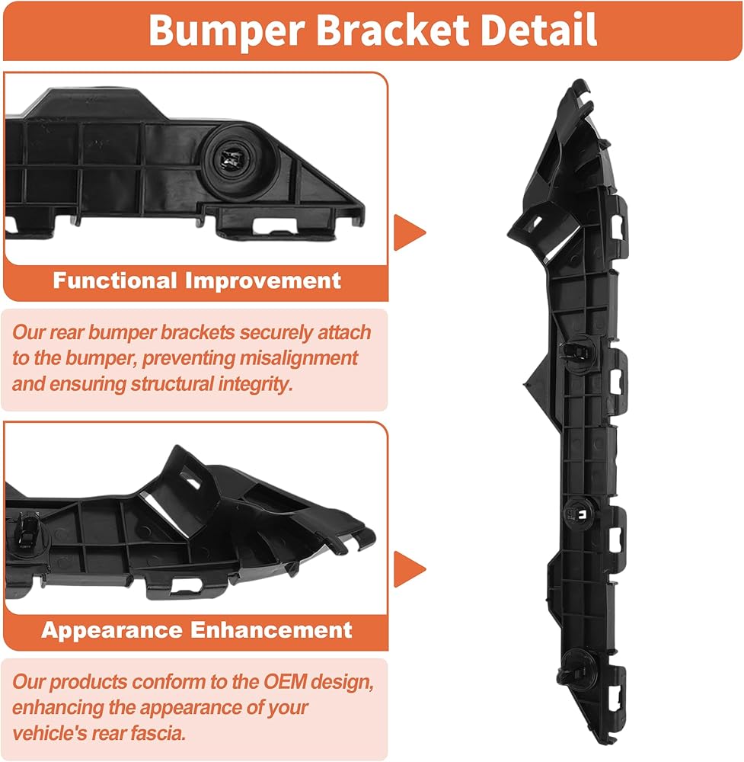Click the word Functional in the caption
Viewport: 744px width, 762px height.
tap(114, 280)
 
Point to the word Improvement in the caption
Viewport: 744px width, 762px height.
tap(263, 280)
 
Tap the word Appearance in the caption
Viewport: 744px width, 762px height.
tap(112, 630)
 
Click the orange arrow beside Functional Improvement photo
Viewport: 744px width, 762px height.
tap(409, 233)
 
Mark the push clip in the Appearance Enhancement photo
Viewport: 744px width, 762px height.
tap(26, 529)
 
